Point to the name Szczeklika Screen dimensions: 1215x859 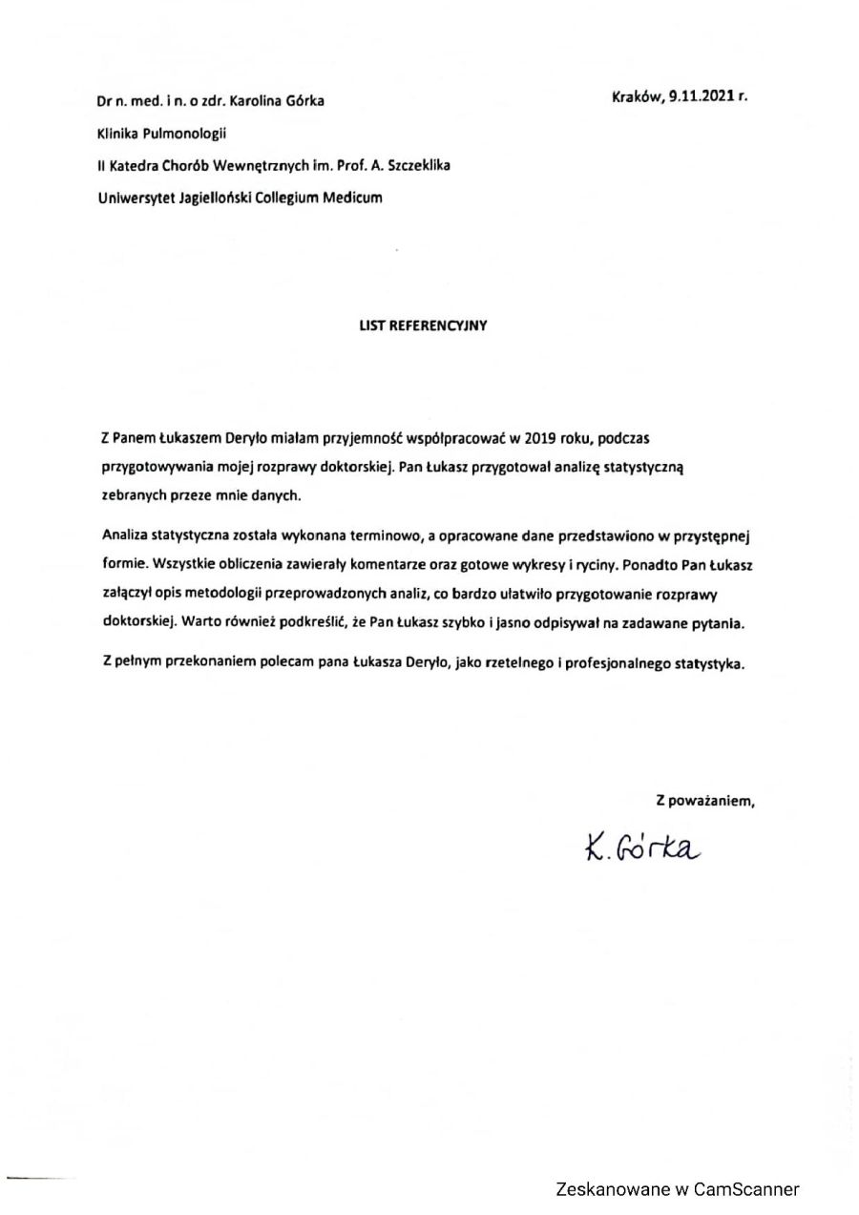[x=417, y=165]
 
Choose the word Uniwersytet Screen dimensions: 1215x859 [x=132, y=198]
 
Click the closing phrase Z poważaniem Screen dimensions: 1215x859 [x=704, y=801]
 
